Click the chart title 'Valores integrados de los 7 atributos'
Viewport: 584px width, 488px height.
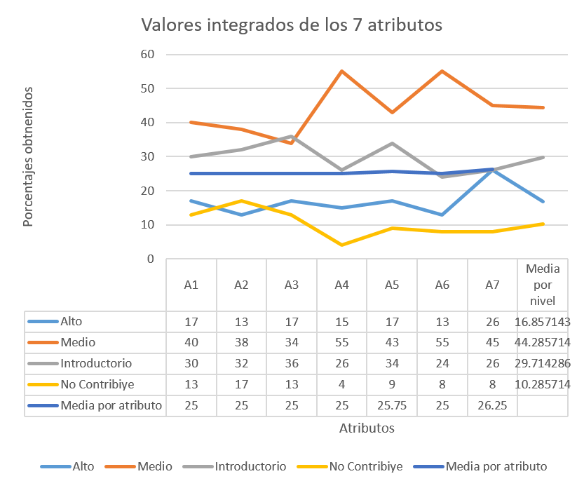tap(292, 25)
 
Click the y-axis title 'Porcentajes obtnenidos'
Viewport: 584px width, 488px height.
tap(28, 156)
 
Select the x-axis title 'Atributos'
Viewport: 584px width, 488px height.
tap(367, 427)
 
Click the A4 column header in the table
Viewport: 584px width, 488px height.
tap(341, 285)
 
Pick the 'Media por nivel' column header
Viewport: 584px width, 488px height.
tap(542, 285)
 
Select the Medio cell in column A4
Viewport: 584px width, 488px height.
tap(341, 343)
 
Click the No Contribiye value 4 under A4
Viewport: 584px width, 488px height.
tap(341, 384)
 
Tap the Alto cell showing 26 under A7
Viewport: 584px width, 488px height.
tap(492, 322)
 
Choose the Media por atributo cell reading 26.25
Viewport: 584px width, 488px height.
tap(492, 405)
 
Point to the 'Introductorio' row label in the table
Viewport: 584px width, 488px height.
tap(95, 364)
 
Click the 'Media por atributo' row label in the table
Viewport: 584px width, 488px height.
tap(111, 405)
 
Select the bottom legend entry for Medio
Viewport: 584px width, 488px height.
tap(156, 466)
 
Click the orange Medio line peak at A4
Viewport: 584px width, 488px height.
tap(341, 71)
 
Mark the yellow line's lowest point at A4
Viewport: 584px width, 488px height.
tap(341, 245)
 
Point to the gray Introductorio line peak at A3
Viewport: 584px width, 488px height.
tap(291, 136)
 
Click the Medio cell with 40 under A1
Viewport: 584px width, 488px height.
tap(191, 343)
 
